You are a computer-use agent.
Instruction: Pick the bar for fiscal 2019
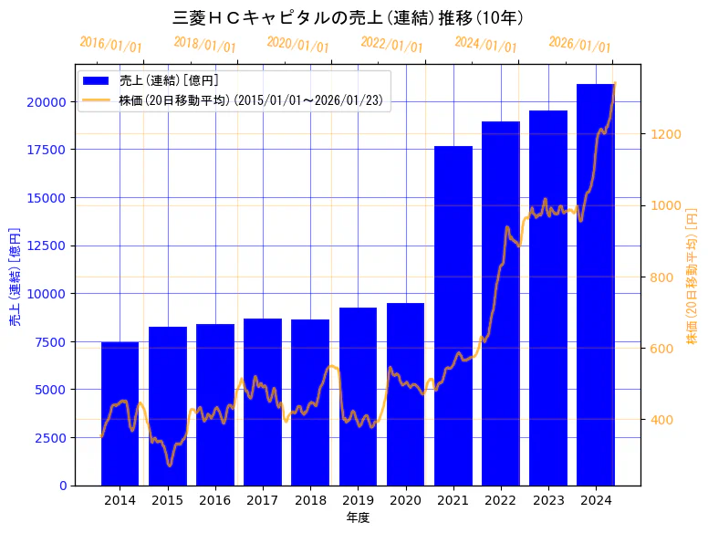(358, 396)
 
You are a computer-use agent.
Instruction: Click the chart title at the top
(348, 17)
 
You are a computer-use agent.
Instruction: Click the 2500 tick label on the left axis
(50, 437)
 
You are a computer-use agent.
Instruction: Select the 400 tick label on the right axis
(663, 420)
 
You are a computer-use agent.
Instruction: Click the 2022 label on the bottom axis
(501, 500)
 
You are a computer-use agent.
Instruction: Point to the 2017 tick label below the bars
(263, 500)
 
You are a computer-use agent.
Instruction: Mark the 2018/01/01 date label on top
(204, 45)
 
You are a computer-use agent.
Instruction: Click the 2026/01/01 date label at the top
(579, 45)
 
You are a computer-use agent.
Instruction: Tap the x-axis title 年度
(358, 517)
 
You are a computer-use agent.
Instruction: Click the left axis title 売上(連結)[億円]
(15, 277)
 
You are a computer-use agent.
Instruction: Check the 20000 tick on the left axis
(47, 102)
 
